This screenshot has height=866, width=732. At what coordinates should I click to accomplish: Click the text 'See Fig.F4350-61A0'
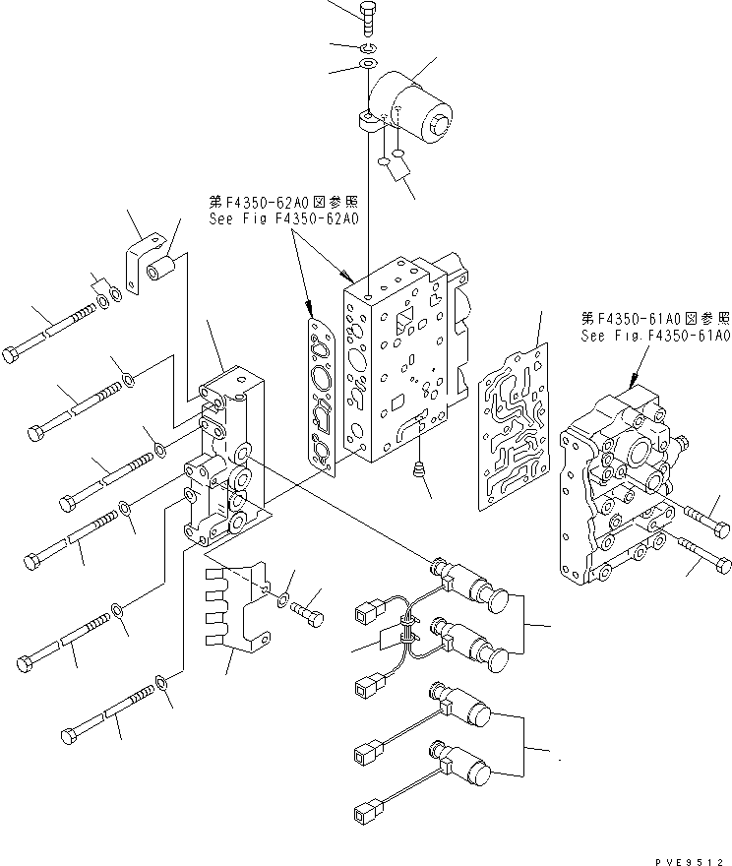click(x=654, y=337)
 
